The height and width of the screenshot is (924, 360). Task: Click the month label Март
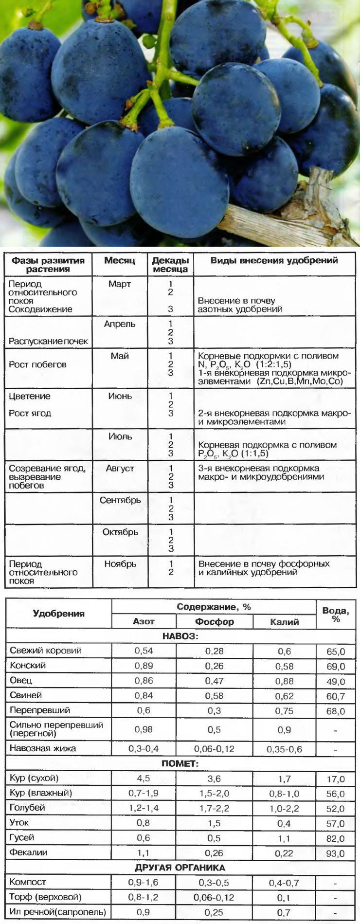(x=120, y=284)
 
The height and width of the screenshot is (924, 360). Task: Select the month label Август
(x=120, y=469)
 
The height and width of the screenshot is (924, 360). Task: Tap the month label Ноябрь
(x=120, y=564)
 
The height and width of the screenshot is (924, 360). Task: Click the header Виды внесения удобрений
(x=274, y=260)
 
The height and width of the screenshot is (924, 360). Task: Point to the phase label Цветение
(x=30, y=396)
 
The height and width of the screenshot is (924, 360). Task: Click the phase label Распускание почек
(x=48, y=341)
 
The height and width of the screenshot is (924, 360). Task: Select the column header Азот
(x=144, y=621)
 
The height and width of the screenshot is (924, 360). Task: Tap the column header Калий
(x=284, y=621)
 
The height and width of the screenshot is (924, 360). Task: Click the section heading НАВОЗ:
(x=180, y=636)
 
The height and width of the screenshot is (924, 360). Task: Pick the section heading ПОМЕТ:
(x=180, y=763)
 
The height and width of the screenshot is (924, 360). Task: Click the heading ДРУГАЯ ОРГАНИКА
(x=180, y=868)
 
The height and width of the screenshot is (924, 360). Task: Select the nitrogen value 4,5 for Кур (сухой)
(x=144, y=778)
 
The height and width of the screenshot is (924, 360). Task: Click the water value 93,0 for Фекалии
(x=336, y=853)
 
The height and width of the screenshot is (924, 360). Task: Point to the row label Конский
(x=28, y=665)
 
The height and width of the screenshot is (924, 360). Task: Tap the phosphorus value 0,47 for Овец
(x=214, y=681)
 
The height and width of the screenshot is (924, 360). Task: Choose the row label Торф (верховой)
(x=46, y=897)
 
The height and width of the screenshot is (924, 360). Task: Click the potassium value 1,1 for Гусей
(x=284, y=838)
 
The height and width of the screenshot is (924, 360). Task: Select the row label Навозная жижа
(x=43, y=748)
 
